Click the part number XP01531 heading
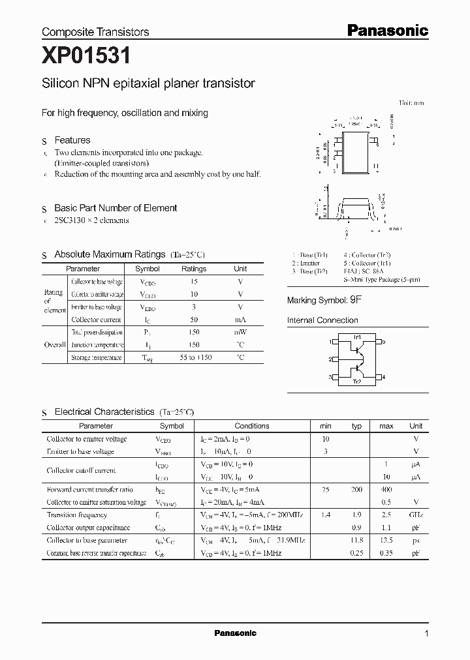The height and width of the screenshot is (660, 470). click(86, 57)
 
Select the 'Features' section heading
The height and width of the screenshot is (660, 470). click(72, 140)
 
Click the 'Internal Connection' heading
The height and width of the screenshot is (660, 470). click(322, 320)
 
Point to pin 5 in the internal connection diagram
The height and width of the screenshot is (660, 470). click(383, 341)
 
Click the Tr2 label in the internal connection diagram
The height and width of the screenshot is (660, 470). click(356, 382)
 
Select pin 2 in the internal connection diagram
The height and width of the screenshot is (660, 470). click(331, 359)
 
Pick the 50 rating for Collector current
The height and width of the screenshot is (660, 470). click(193, 320)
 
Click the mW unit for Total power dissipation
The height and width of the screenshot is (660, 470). click(240, 332)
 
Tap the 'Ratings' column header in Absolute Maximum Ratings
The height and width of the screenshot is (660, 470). click(193, 269)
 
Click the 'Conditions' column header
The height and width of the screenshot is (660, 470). click(251, 426)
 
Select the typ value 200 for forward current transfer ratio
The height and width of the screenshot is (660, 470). click(356, 489)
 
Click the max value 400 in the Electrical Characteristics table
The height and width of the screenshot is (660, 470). click(386, 489)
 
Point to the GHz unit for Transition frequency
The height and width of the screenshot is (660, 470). click(416, 515)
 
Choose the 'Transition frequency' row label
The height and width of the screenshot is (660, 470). click(76, 515)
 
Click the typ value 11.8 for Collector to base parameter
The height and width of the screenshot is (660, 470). click(356, 540)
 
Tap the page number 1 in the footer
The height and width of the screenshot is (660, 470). click(426, 633)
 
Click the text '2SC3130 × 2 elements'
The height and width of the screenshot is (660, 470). click(91, 220)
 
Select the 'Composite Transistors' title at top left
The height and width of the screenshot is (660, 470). click(95, 31)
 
